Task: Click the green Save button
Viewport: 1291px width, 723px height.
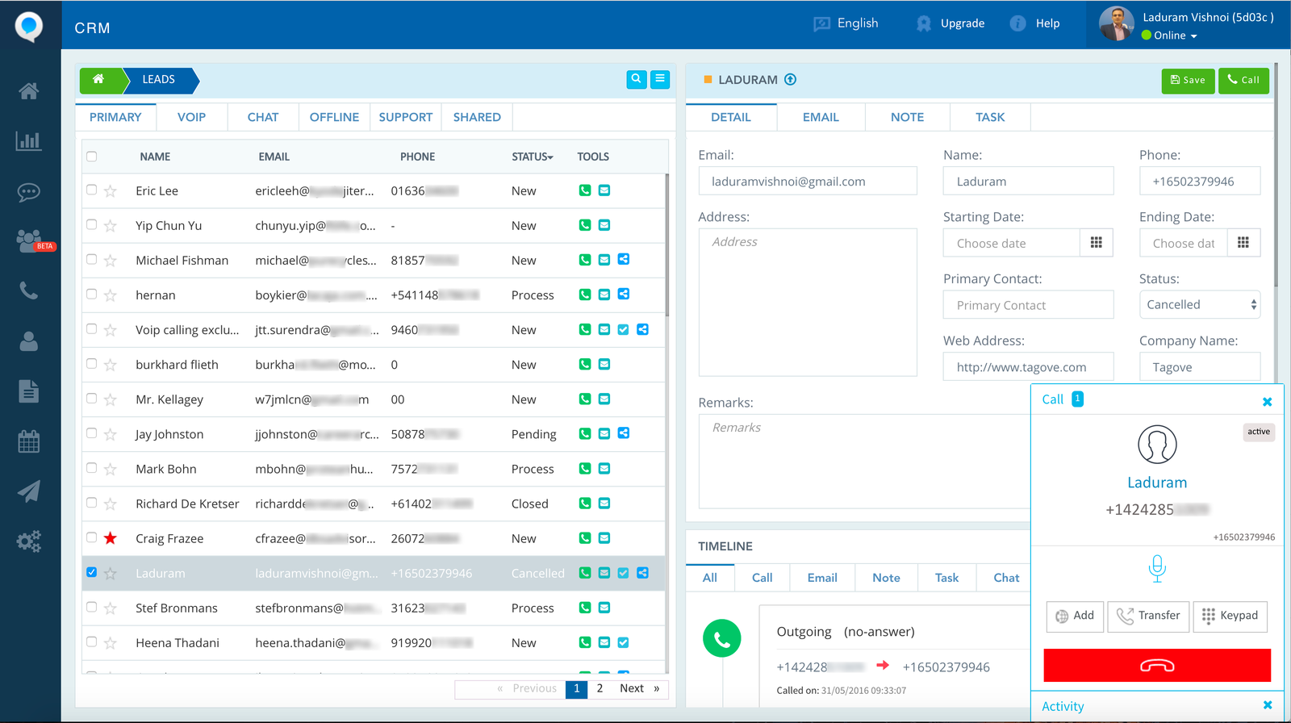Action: coord(1188,80)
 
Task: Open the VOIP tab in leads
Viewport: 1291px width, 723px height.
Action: coord(191,117)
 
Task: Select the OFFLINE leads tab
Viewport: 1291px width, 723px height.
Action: coord(334,117)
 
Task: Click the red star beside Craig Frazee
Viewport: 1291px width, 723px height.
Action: coord(111,538)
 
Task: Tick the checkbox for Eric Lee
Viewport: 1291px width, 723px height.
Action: coord(91,190)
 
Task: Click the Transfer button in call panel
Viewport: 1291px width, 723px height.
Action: coord(1148,616)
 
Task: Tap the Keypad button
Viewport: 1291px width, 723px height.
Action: coord(1230,616)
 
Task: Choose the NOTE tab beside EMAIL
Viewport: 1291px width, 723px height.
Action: coord(907,117)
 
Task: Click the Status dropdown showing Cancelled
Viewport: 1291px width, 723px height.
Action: coord(1199,305)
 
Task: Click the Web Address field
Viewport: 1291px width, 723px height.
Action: coord(1028,367)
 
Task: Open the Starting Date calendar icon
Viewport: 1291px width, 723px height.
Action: coord(1096,243)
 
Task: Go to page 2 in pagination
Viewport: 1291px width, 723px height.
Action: coord(600,688)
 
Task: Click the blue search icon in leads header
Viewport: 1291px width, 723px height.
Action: coord(637,79)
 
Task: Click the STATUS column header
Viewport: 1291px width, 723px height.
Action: coord(532,157)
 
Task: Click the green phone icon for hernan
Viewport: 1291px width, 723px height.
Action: coord(585,295)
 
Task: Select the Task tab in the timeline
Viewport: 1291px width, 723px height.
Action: coord(946,578)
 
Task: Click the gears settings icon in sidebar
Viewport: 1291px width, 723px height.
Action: coord(29,541)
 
